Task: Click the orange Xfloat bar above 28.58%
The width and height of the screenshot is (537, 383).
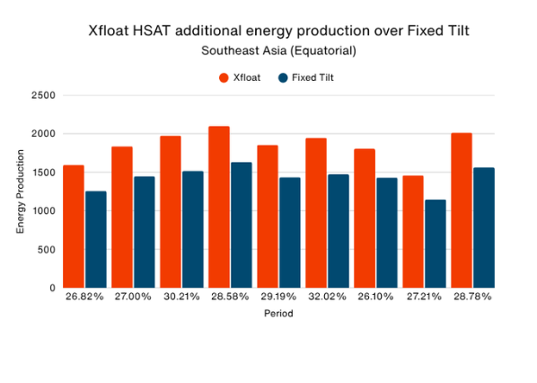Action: (218, 207)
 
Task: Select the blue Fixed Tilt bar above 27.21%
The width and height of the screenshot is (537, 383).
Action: (436, 244)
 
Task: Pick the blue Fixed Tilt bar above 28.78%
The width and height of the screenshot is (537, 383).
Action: (484, 227)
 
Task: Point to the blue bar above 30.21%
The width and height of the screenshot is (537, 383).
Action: (193, 229)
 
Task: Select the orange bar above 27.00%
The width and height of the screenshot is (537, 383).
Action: (122, 217)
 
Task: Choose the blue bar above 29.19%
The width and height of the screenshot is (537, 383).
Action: (290, 232)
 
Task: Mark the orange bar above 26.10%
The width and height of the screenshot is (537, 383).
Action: (364, 218)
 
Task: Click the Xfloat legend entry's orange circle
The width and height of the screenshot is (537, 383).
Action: (224, 77)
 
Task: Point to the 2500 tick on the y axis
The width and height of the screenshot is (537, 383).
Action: (42, 95)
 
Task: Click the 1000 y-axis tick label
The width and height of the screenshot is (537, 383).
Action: (42, 211)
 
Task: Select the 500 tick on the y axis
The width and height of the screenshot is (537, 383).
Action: (46, 250)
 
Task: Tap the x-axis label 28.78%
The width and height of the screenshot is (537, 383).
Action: (472, 296)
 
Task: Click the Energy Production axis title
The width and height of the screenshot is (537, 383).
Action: (20, 192)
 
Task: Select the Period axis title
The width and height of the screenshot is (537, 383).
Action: (278, 314)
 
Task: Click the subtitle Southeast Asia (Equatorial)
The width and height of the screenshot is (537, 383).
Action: (278, 50)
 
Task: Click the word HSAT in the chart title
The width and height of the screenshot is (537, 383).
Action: (163, 31)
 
